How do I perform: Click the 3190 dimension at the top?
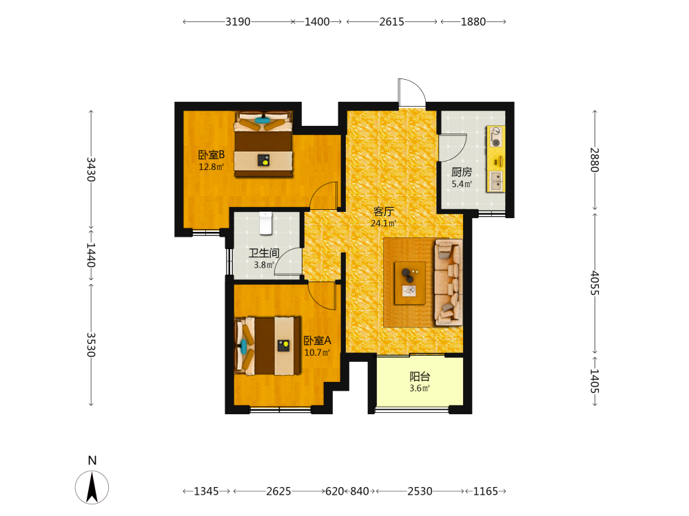point(238,21)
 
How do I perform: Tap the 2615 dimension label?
point(391,21)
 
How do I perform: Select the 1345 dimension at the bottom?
point(206,491)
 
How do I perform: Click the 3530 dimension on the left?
point(91,345)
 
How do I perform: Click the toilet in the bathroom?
point(266,223)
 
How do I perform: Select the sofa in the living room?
point(449,282)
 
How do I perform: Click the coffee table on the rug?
point(409,283)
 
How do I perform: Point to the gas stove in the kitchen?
point(495,137)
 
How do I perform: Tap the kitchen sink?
point(497,181)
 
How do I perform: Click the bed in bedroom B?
point(263,144)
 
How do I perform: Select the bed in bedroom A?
point(267,346)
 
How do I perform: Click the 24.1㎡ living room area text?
point(383,224)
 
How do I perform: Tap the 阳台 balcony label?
point(420,376)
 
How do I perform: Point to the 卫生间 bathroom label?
point(264,253)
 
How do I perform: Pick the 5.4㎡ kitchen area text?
point(462,184)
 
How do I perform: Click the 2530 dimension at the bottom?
point(420,491)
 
